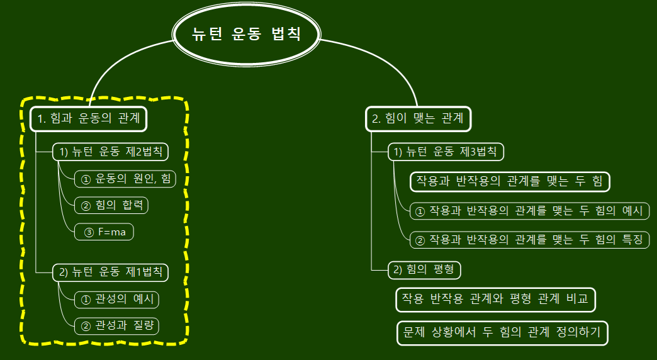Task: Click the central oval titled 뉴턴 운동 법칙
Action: click(x=247, y=34)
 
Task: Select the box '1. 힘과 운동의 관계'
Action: click(x=89, y=118)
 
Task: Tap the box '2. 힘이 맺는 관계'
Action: click(x=418, y=118)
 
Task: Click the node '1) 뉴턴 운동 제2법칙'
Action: click(x=111, y=152)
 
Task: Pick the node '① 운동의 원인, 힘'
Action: click(x=125, y=179)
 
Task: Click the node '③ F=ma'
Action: click(x=104, y=232)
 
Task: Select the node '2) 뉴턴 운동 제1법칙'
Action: click(x=111, y=272)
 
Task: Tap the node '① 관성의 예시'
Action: click(x=116, y=300)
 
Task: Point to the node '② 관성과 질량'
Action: click(x=116, y=326)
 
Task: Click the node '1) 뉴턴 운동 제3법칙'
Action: click(x=446, y=152)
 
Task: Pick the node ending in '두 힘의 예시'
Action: click(x=529, y=211)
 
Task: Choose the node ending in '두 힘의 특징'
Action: click(x=529, y=239)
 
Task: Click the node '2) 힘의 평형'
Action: click(x=425, y=270)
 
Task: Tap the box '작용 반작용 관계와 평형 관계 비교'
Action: click(x=495, y=300)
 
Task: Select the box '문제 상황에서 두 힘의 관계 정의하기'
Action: click(x=503, y=332)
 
